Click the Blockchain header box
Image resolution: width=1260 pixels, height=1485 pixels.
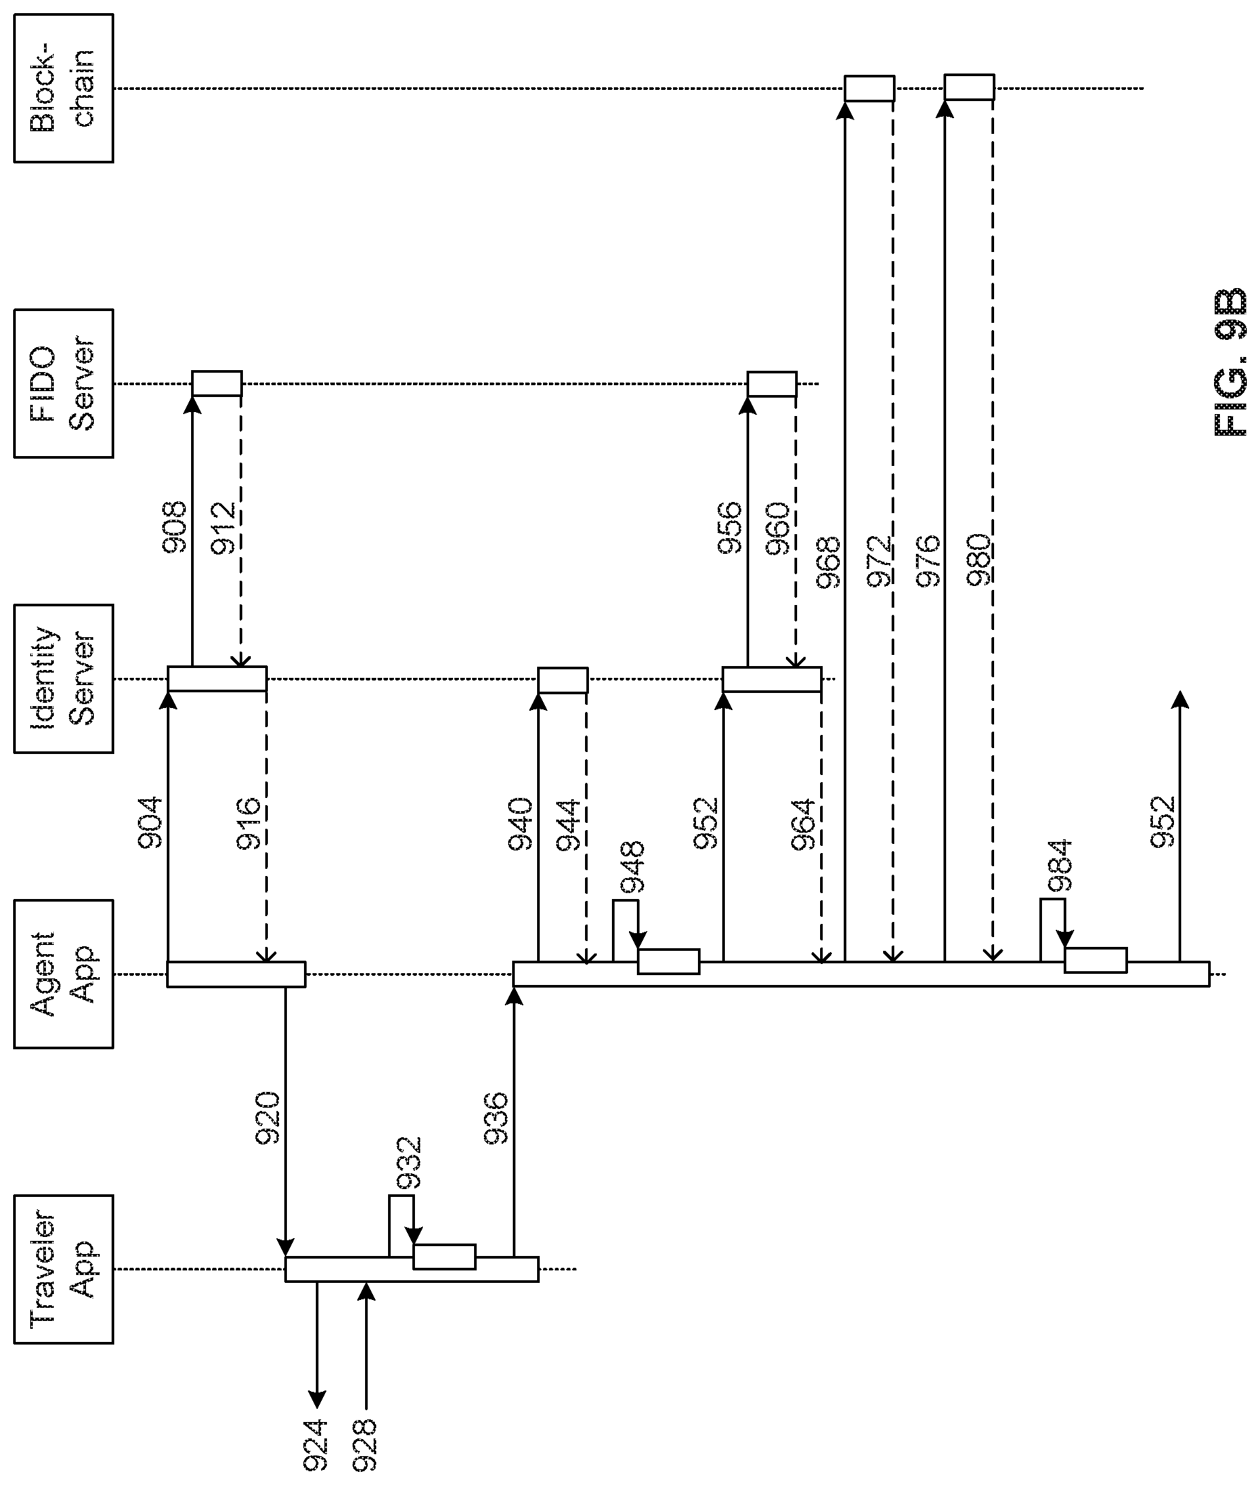(64, 89)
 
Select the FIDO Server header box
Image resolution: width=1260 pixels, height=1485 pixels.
(64, 383)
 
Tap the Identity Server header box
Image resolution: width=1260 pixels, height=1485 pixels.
(64, 679)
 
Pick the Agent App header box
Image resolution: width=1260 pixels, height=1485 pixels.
(64, 974)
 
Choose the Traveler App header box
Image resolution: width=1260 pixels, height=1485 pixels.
(64, 1268)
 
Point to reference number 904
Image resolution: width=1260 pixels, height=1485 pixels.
(150, 822)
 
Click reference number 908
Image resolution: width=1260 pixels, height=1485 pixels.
(173, 528)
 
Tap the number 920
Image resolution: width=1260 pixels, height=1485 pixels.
(269, 1118)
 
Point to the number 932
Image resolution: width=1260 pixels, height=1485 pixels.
(409, 1163)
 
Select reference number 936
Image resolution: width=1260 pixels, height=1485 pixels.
(496, 1118)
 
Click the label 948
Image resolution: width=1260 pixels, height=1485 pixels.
(632, 868)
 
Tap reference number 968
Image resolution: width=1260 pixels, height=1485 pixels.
(829, 562)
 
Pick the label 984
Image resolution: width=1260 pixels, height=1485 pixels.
(1060, 866)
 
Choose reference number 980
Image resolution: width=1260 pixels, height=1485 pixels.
(978, 560)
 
